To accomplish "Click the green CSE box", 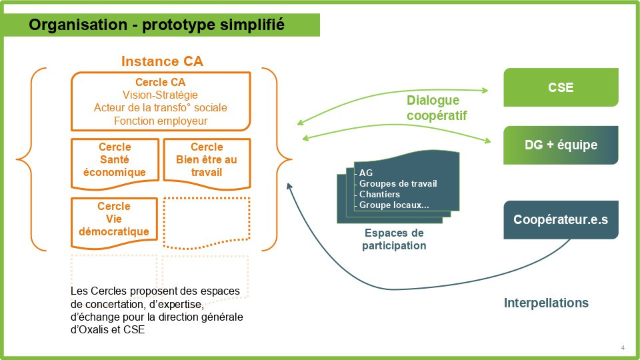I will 561,87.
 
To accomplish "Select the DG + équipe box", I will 561,145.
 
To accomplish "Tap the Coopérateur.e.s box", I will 561,219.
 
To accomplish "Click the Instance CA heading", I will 162,61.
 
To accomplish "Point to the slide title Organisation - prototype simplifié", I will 157,25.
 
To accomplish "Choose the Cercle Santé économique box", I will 115,160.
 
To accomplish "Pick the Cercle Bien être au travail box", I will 207,160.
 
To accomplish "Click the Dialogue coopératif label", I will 433,108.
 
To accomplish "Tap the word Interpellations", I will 546,303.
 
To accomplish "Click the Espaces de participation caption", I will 394,239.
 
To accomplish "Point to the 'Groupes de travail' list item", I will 398,184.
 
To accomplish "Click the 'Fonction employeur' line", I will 161,121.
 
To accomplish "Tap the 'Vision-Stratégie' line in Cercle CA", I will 161,95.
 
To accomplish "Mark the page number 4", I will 623,347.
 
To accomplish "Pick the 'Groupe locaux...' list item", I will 393,205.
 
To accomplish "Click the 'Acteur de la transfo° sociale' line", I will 161,108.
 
